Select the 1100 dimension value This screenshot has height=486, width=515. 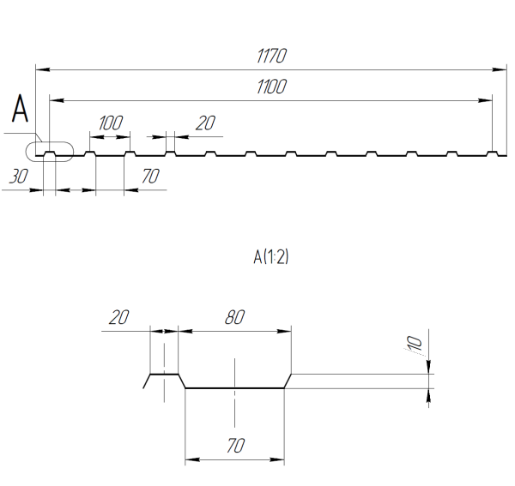(271, 87)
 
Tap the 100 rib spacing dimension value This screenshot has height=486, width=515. (110, 123)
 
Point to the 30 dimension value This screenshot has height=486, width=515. (16, 177)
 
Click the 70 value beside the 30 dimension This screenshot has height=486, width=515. (151, 177)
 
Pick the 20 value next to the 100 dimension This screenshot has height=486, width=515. (204, 123)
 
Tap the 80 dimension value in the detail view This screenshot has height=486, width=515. (233, 318)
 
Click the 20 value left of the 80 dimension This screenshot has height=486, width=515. (118, 318)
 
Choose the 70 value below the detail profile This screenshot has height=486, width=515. (233, 447)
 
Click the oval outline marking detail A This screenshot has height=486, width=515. (50, 152)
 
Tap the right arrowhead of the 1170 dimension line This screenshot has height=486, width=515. (500, 67)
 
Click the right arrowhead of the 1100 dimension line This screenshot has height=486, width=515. (488, 99)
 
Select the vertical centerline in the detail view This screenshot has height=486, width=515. (234, 394)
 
